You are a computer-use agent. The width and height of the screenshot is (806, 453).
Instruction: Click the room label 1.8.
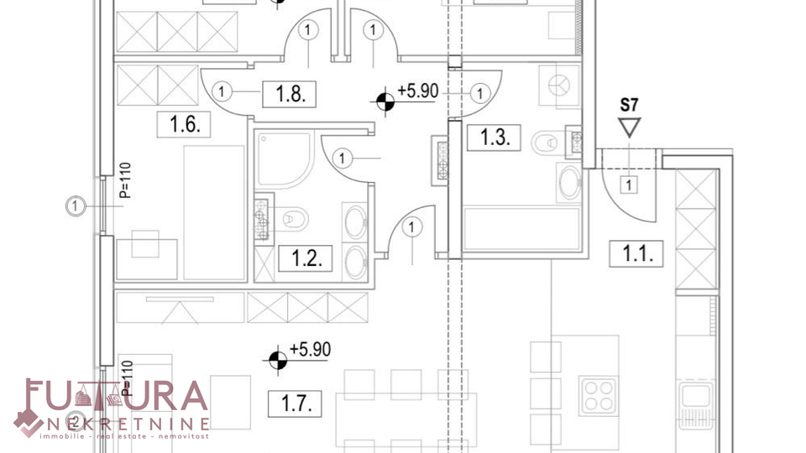[289, 95]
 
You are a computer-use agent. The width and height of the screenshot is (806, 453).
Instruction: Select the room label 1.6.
[184, 124]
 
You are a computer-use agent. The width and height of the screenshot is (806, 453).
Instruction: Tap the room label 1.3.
[494, 138]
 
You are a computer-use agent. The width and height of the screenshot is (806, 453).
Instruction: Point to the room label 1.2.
[306, 258]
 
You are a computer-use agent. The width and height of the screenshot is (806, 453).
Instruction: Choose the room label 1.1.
[636, 253]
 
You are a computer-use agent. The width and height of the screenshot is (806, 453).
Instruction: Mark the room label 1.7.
[295, 404]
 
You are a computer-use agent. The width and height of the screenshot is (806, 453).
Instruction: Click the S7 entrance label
[629, 106]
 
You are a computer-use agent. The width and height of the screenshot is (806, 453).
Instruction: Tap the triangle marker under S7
[629, 127]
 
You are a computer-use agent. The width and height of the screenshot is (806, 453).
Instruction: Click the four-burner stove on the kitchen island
[599, 396]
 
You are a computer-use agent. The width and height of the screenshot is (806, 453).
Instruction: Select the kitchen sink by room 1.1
[696, 405]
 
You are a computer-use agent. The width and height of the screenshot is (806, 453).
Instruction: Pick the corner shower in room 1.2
[285, 159]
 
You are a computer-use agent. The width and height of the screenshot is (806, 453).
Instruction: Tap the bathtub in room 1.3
[521, 228]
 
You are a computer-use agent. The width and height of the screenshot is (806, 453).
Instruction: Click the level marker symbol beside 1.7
[278, 360]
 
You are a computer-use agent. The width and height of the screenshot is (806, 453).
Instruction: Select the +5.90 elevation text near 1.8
[418, 91]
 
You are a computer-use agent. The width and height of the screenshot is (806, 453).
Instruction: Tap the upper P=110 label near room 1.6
[125, 181]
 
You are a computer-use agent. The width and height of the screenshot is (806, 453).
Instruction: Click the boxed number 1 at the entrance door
[629, 185]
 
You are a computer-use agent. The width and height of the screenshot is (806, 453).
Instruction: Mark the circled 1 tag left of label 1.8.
[222, 92]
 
